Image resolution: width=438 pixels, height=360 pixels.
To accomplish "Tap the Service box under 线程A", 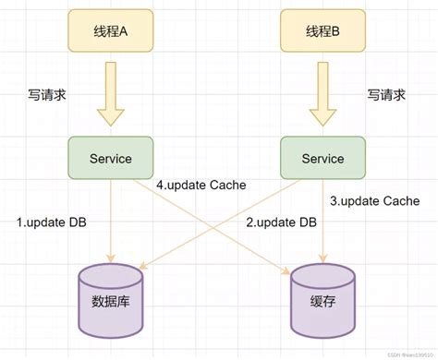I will tap(112, 159).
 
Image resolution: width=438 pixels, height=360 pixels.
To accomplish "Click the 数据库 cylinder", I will tap(112, 301).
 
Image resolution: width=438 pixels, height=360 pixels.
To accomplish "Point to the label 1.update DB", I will tap(52, 223).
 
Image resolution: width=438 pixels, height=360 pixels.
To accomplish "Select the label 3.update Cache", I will tap(374, 200).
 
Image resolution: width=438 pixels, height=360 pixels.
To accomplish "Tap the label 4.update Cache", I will tap(201, 185).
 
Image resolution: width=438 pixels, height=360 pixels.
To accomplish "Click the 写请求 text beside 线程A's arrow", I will tap(49, 95).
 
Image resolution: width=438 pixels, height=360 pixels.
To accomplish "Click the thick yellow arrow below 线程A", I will tap(112, 92).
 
